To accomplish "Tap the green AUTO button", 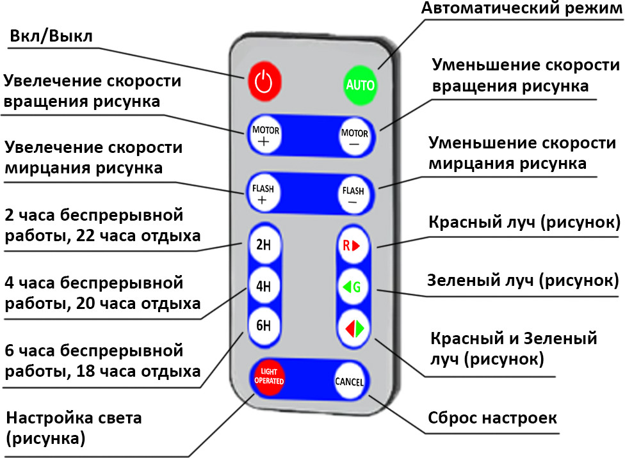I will (x=361, y=84).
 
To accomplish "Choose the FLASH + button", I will (x=263, y=191).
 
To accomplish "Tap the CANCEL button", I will (x=350, y=382).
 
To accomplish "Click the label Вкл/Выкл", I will (x=51, y=36).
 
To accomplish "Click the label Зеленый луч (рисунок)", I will (x=523, y=280).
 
